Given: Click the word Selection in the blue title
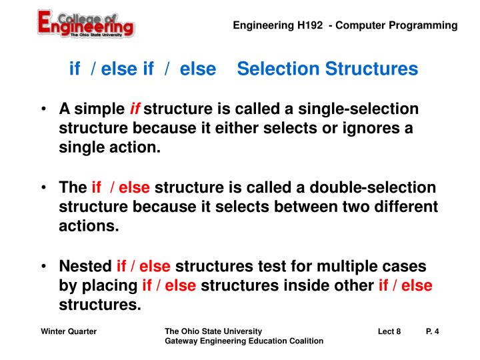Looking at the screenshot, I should tap(273, 69).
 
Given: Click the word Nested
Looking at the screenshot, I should tap(85, 267).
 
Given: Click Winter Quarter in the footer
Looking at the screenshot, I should tap(69, 331).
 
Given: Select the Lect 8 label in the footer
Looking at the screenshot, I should tap(389, 331).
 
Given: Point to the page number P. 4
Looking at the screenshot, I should tap(432, 331).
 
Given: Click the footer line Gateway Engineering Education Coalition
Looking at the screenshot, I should tap(244, 341).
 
